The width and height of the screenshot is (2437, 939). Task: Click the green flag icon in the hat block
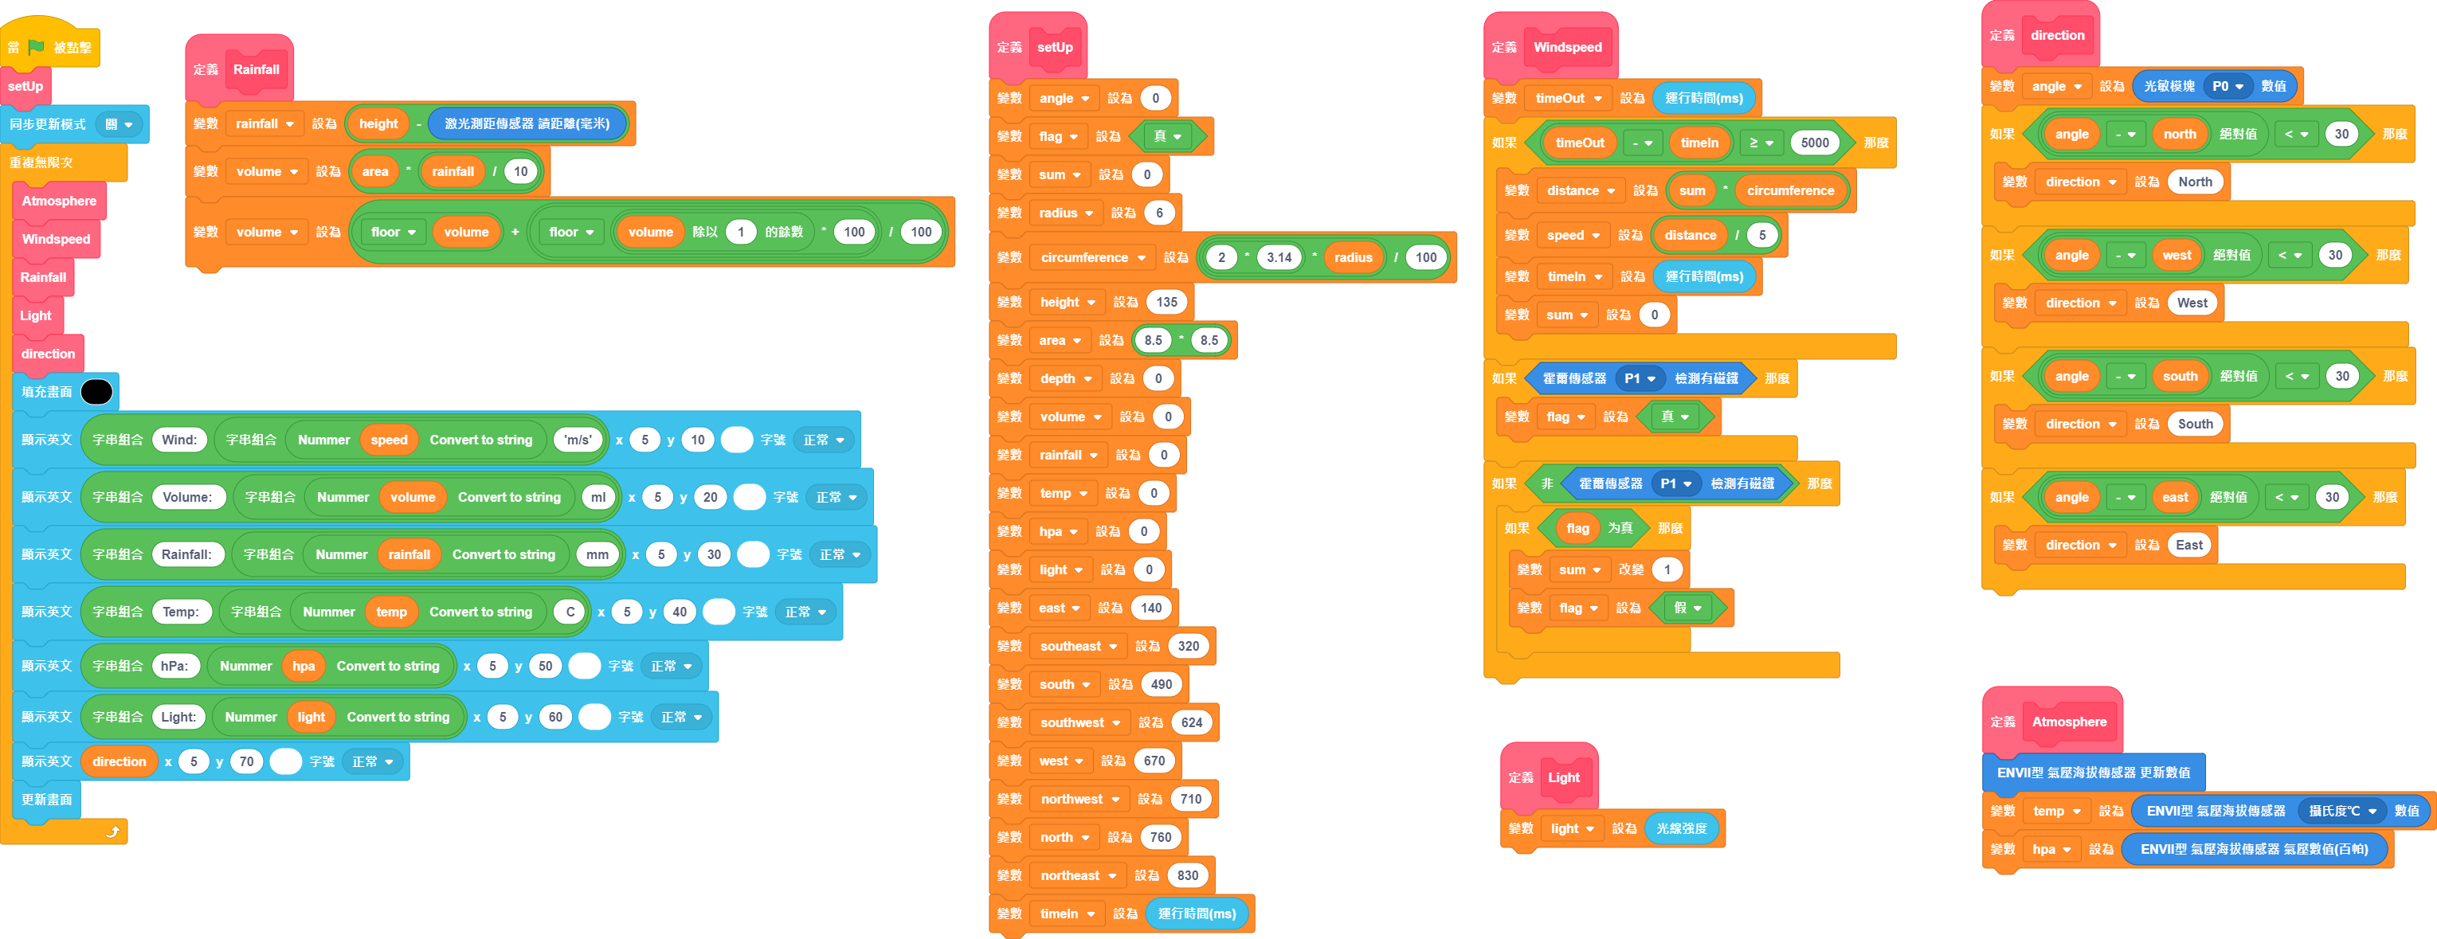coord(36,47)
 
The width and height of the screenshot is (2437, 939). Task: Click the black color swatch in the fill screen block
coord(96,392)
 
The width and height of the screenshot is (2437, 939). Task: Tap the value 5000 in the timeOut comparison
coord(1815,143)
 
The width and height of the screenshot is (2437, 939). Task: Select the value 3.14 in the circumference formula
coord(1279,257)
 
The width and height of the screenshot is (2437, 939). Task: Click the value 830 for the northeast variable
coord(1189,875)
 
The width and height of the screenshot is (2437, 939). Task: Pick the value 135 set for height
coord(1166,303)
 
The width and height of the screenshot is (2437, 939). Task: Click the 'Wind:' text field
coord(178,440)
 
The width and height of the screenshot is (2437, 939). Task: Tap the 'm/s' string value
coord(577,440)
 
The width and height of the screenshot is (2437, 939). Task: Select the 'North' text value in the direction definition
coord(2195,182)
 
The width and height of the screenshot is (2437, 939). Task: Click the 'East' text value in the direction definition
coord(2189,545)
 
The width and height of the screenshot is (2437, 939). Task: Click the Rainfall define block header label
coord(257,69)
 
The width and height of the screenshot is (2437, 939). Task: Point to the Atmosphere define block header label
coord(2069,722)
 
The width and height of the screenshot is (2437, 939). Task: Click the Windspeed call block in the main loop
coord(57,239)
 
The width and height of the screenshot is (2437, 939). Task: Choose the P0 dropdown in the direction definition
coord(2227,86)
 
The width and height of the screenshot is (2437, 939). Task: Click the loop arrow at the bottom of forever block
coord(112,832)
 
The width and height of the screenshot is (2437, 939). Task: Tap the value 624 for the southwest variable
coord(1191,722)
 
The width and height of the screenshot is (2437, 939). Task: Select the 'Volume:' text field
coord(187,498)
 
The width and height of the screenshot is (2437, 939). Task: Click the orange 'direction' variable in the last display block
coord(119,761)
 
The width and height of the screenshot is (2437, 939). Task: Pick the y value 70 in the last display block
coord(246,761)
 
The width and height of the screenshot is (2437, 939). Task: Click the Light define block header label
coord(1563,777)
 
